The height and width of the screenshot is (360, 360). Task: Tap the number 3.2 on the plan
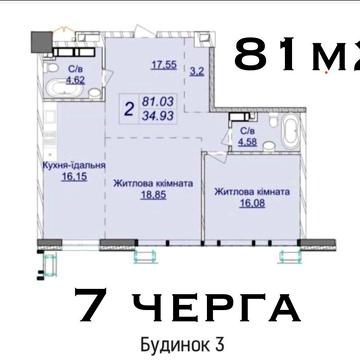tap(196, 72)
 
